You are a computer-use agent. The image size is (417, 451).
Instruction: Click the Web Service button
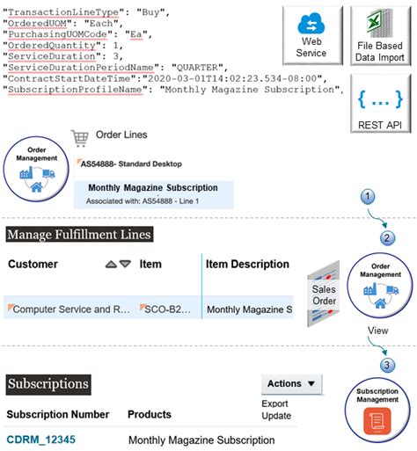pyautogui.click(x=312, y=35)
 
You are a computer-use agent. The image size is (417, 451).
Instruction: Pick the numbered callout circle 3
pyautogui.click(x=385, y=363)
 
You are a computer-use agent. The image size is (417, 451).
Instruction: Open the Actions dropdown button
pyautogui.click(x=292, y=383)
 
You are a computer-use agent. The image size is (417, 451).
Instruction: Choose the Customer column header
pyautogui.click(x=33, y=264)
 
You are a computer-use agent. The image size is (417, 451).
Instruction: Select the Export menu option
pyautogui.click(x=275, y=404)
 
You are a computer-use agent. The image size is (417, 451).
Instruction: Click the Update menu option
pyautogui.click(x=276, y=415)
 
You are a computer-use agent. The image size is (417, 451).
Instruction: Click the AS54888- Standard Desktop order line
pyautogui.click(x=131, y=164)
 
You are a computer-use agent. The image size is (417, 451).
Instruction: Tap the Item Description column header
pyautogui.click(x=247, y=264)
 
